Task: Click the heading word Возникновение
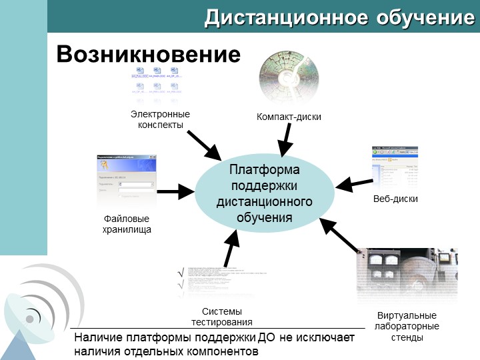[148, 54]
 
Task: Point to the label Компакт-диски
[289, 117]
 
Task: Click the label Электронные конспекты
[160, 119]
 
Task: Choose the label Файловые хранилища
[127, 224]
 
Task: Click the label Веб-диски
[395, 199]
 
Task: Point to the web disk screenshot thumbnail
[395, 167]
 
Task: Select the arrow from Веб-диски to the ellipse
[355, 181]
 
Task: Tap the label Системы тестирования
[222, 317]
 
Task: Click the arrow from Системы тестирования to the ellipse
[231, 249]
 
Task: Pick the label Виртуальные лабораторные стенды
[407, 326]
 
